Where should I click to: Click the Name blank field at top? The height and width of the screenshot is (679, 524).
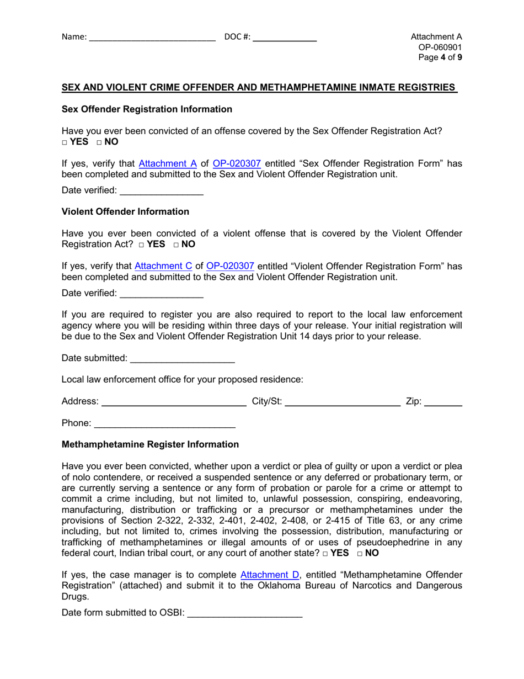(152, 38)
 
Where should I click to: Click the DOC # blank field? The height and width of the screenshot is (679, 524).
(285, 38)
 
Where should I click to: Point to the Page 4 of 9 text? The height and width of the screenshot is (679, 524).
(440, 59)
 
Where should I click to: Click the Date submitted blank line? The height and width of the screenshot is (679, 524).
(182, 358)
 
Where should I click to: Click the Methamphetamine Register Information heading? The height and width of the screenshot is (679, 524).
(150, 444)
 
